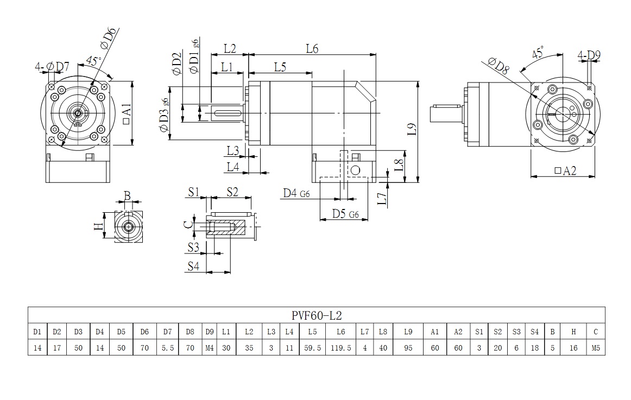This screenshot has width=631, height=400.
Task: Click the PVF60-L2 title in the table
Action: (x=316, y=315)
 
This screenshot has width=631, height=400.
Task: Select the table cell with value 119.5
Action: (x=340, y=348)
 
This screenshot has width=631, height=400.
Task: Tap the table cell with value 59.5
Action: (x=312, y=348)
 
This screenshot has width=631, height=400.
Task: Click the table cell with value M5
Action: (x=595, y=348)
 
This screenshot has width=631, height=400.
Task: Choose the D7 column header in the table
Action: (x=167, y=331)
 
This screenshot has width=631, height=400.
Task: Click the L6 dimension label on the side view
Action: (x=311, y=48)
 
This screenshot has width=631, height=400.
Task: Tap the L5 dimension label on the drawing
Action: (x=280, y=67)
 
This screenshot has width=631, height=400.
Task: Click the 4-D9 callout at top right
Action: (x=589, y=55)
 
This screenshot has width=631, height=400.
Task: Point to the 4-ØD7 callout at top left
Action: (x=52, y=67)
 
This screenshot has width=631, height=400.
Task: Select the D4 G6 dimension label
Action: (x=296, y=194)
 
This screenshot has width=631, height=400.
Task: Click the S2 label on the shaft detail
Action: (x=232, y=191)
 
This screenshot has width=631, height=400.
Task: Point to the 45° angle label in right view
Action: (x=538, y=53)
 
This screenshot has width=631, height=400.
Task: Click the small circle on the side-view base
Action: (x=356, y=170)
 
